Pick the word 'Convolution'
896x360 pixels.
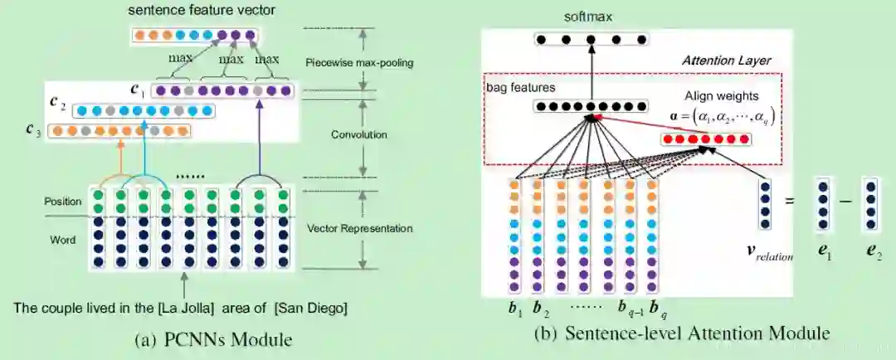coord(358,134)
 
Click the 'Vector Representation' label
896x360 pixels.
coord(359,228)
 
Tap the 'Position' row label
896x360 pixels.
coord(64,202)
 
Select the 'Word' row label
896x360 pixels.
coord(63,240)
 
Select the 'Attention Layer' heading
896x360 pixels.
coord(726,61)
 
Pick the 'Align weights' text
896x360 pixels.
coord(722,97)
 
